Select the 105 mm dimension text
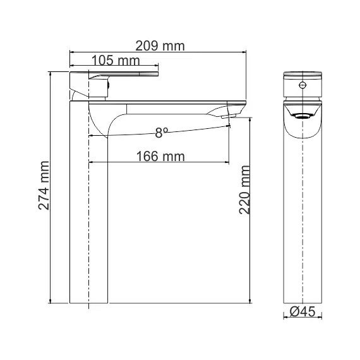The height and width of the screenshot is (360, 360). click(x=115, y=61)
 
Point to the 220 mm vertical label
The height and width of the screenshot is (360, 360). click(x=246, y=189)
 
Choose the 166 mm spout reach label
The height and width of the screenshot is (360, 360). click(x=160, y=156)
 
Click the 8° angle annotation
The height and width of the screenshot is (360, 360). click(x=162, y=133)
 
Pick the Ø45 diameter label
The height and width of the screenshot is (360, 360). click(x=303, y=311)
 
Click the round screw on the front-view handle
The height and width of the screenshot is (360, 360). click(x=302, y=84)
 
